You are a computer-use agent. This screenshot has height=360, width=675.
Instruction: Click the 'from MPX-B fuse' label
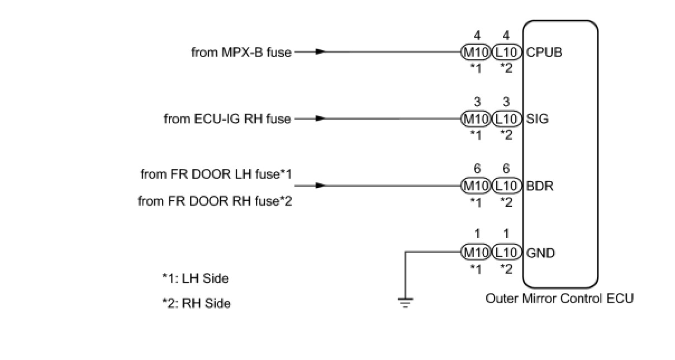[x=241, y=53]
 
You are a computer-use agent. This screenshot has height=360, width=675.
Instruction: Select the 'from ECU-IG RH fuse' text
[x=227, y=119]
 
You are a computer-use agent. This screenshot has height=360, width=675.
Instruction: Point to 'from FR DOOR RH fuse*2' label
[x=215, y=201]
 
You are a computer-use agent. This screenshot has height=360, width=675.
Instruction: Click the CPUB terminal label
[x=544, y=53]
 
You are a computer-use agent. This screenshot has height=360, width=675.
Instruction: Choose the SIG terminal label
[x=538, y=119]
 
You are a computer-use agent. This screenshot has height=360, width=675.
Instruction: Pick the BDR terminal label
[x=540, y=186]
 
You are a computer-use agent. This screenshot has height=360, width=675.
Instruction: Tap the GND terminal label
[x=540, y=253]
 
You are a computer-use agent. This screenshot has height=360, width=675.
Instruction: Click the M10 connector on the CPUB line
[x=476, y=53]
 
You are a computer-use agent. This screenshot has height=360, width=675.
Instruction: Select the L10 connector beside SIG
[x=506, y=119]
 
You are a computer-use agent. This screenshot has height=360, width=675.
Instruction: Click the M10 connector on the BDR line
[x=476, y=186]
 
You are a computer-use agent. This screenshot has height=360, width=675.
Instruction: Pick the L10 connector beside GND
[x=506, y=253]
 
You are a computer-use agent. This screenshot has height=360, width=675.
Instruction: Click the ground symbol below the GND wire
[x=406, y=302]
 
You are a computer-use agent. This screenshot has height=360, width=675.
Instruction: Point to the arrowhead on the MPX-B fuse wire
[x=320, y=52]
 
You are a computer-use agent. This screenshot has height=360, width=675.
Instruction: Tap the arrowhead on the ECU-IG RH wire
[x=320, y=119]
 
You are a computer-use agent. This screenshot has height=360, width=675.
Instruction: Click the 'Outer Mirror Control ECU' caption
[x=559, y=298]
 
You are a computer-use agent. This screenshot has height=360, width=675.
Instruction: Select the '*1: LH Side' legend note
[x=196, y=278]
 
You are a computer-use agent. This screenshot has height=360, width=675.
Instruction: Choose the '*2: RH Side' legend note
[x=196, y=304]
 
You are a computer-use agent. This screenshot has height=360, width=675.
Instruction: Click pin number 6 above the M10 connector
[x=477, y=169]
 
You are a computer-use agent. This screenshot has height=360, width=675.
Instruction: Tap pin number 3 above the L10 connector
[x=506, y=102]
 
